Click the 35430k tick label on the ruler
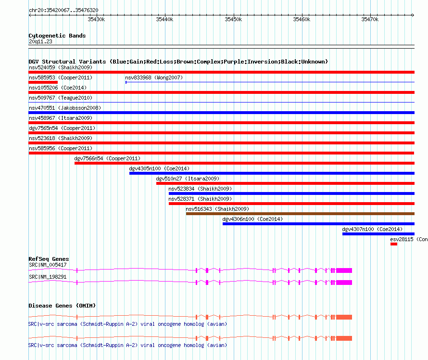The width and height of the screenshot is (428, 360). click(x=96, y=19)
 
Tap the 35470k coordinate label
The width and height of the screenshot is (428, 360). click(x=370, y=19)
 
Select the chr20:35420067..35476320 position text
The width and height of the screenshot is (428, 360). click(x=63, y=10)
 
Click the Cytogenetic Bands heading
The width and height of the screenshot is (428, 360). click(x=57, y=36)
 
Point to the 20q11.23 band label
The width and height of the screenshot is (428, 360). click(x=40, y=41)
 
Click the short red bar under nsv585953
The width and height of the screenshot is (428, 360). click(x=43, y=82)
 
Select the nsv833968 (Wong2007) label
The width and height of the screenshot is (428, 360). click(x=154, y=77)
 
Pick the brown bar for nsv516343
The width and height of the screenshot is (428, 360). click(x=300, y=214)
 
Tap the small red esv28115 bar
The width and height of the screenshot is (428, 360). click(x=393, y=244)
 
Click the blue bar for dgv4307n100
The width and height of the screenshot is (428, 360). click(x=378, y=234)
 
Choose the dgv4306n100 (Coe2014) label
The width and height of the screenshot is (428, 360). click(x=252, y=219)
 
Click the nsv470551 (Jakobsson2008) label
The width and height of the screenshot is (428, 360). click(x=65, y=108)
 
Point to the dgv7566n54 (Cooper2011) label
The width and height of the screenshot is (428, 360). click(x=107, y=158)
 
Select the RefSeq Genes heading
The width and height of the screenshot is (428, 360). click(x=49, y=259)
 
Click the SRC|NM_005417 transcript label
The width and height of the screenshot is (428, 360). click(x=48, y=265)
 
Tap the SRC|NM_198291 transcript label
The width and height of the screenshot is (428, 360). click(x=48, y=277)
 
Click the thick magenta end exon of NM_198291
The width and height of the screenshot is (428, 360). click(x=344, y=283)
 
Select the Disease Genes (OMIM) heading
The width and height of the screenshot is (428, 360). click(x=62, y=306)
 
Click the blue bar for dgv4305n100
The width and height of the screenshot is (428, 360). click(x=272, y=173)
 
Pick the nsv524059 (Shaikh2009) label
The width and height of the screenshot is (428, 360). click(x=61, y=67)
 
